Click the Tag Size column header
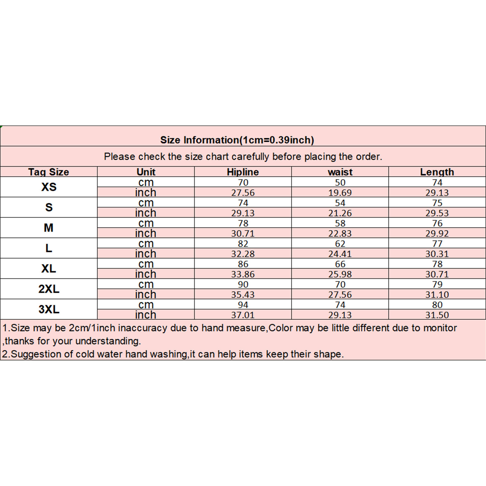49,172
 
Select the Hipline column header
243,172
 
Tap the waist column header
340,172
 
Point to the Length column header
437,172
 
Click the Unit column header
146,172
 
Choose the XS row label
49,187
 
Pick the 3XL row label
49,309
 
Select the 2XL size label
49,289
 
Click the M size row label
49,228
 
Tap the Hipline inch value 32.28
243,254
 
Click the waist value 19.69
340,193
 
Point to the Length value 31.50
437,315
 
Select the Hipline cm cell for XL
243,264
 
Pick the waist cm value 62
340,243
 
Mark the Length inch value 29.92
437,233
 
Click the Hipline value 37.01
243,315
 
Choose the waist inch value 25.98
340,274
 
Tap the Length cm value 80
437,305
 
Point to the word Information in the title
211,140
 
